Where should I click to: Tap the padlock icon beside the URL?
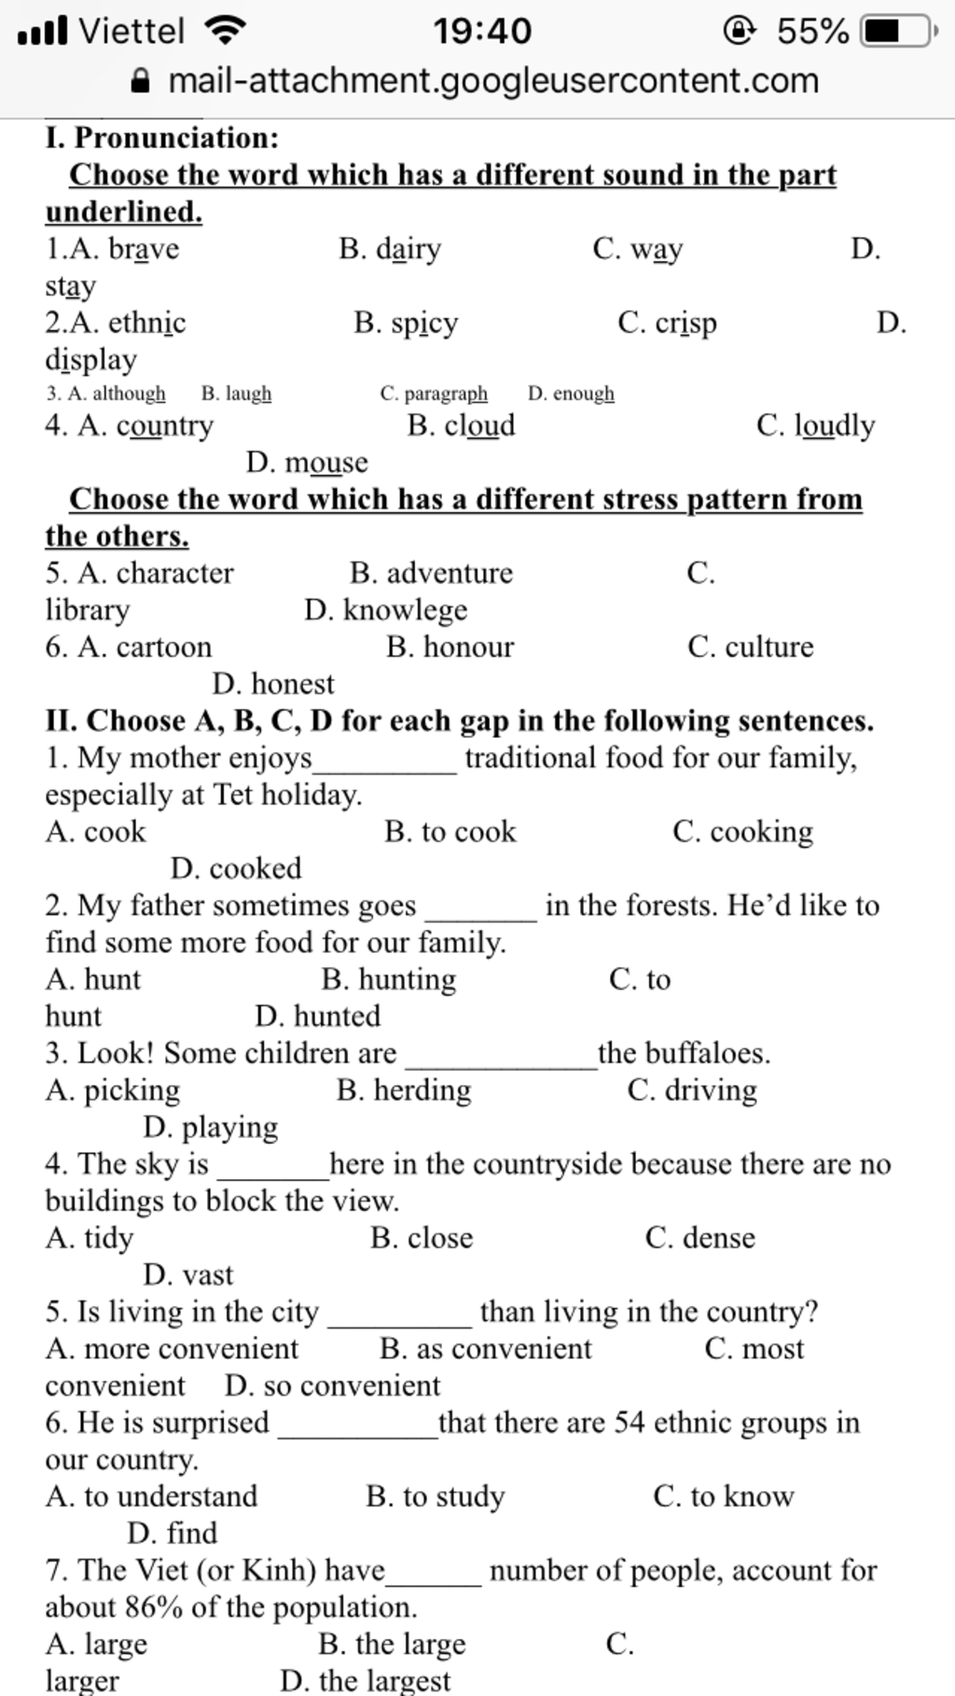coord(141,81)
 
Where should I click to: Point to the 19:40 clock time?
coord(481,31)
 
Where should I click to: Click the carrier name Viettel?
coord(131,31)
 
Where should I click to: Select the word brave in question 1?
coord(144,249)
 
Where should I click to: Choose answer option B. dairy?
coord(390,249)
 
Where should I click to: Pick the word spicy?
coord(424,324)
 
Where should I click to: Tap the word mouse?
coord(326,463)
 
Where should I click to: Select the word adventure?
coord(450,573)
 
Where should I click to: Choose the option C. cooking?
coord(742,831)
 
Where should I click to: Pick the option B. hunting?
coord(389,980)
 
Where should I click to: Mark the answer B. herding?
coord(404,1091)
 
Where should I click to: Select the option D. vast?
coord(188,1275)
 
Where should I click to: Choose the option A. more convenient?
coord(173,1349)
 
